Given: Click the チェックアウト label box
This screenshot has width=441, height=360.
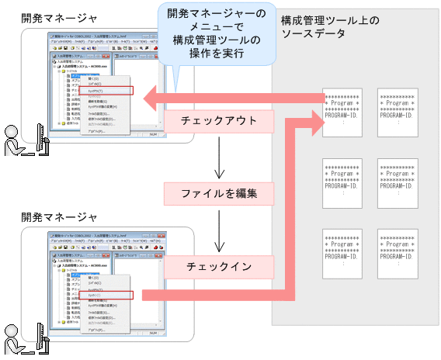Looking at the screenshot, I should (220, 120).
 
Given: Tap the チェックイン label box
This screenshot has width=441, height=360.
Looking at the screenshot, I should (220, 266).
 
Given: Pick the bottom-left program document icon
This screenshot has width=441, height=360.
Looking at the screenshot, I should (342, 252).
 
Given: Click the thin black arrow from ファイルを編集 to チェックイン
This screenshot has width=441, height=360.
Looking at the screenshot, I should (220, 230).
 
